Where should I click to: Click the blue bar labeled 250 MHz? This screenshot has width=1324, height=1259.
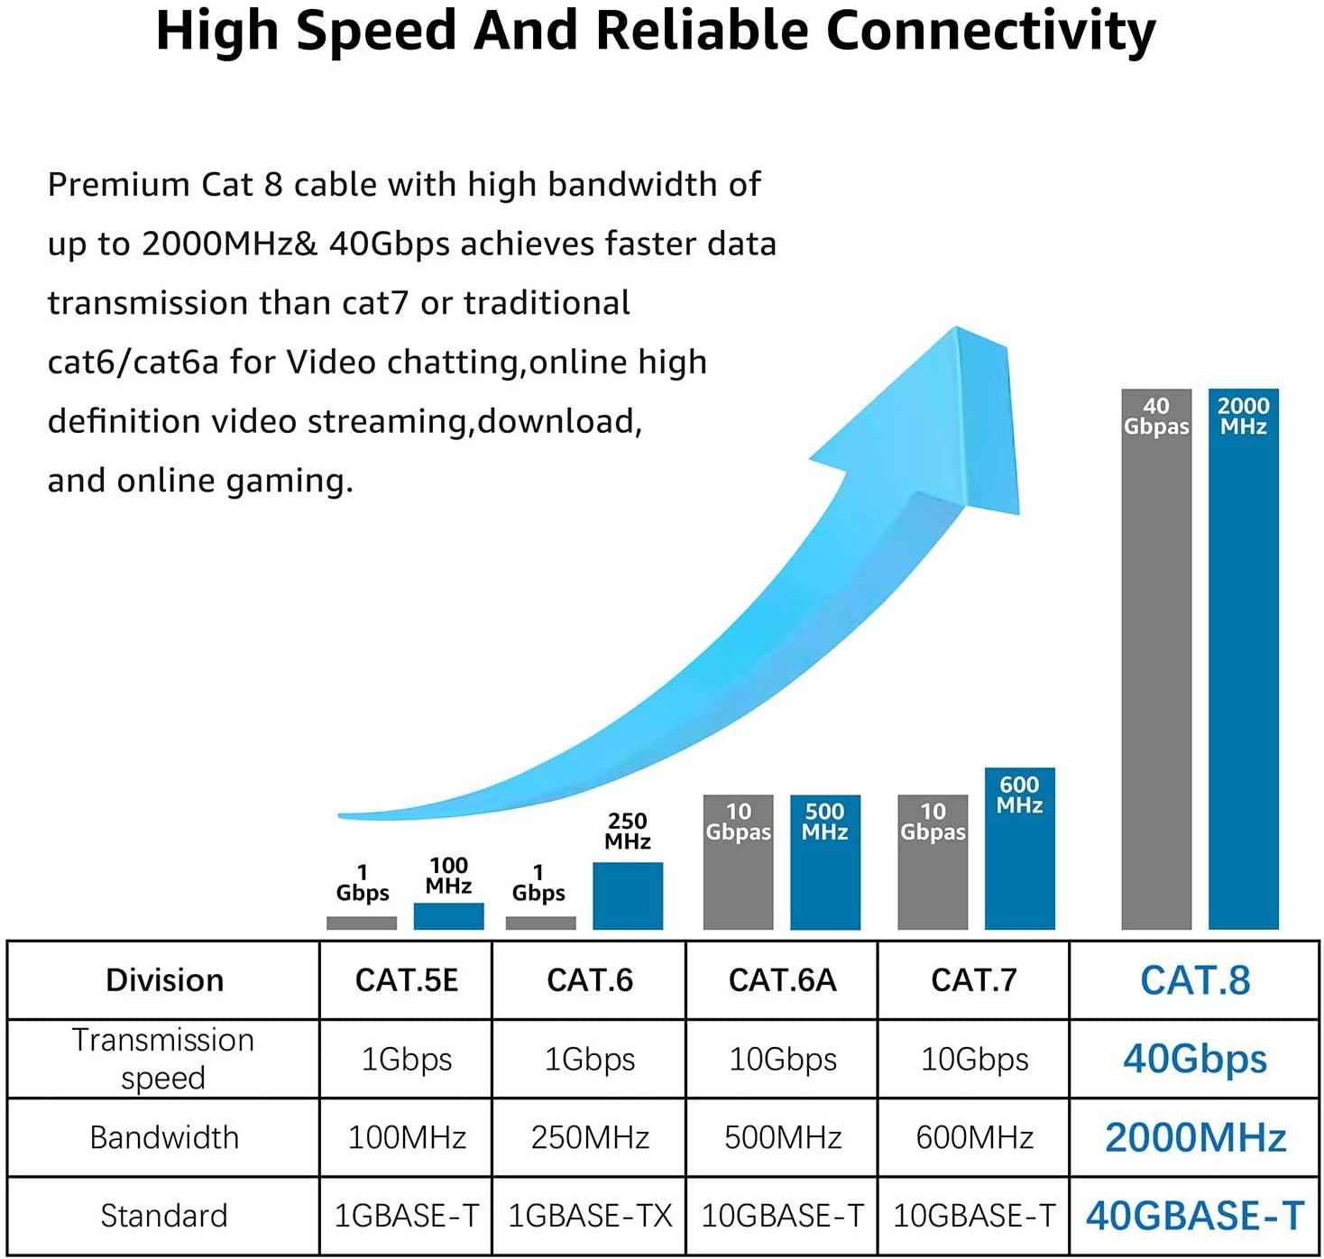pos(628,896)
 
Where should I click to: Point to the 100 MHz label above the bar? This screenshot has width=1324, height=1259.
pos(448,876)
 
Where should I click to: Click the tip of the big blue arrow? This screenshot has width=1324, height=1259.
pos(959,332)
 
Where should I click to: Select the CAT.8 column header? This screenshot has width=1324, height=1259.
pos(1194,980)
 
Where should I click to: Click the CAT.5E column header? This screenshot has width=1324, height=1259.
pos(406,980)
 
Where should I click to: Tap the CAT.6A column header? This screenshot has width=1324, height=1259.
pos(782,980)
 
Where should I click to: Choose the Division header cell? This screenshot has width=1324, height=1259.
pos(164,980)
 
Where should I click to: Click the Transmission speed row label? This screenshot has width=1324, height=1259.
pos(163,1059)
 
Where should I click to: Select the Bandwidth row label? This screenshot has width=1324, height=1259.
pos(164,1137)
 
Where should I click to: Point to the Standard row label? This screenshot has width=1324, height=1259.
pos(164,1216)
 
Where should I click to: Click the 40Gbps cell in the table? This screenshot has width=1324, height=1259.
pos(1194,1059)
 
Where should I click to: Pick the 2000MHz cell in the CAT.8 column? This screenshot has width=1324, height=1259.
pos(1194,1137)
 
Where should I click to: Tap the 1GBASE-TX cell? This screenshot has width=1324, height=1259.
pos(590,1216)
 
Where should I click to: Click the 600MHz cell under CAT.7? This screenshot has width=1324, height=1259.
pos(974,1137)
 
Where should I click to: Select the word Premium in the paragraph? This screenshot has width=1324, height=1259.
pos(118,185)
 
